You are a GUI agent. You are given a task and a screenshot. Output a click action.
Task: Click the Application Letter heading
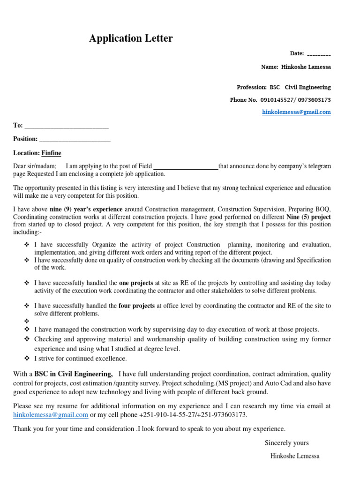(131, 38)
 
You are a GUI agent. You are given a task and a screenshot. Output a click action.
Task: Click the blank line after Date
(319, 54)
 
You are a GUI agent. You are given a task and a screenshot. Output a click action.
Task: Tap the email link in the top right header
(296, 112)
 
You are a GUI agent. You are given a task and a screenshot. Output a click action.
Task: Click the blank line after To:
(66, 126)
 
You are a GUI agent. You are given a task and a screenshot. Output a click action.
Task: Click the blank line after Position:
(75, 139)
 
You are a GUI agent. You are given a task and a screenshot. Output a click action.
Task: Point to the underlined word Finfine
(51, 153)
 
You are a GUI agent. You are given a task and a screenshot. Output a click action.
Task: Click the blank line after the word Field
(186, 166)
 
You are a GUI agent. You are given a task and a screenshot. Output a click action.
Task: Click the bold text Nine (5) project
(308, 217)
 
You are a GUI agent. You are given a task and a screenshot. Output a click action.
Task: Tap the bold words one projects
(136, 283)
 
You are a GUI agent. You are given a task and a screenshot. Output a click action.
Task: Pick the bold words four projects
(136, 306)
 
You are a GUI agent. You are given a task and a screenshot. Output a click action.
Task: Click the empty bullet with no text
(26, 322)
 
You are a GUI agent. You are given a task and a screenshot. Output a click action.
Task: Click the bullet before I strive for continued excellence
(26, 359)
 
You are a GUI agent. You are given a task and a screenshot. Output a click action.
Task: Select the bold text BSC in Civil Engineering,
(73, 374)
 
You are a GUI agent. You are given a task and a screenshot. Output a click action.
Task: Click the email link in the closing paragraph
(51, 415)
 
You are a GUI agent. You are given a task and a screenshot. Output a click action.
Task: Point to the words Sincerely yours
(286, 443)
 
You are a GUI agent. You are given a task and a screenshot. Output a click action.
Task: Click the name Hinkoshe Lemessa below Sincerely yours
(295, 456)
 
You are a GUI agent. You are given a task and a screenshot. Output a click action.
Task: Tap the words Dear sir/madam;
(35, 166)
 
